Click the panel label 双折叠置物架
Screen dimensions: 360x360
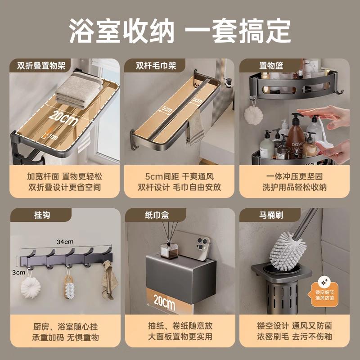point(38,66)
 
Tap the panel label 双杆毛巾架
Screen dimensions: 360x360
point(156,66)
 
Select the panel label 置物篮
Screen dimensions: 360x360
point(271,66)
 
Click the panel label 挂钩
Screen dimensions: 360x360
point(30,215)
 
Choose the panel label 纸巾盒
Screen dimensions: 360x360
point(149,215)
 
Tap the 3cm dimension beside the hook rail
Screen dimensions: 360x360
point(18,272)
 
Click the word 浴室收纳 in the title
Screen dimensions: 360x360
point(121,30)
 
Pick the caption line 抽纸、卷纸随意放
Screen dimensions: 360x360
point(180,325)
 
